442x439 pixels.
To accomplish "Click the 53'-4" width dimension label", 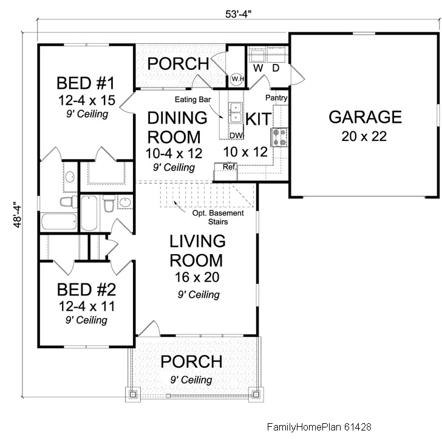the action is coord(238,14).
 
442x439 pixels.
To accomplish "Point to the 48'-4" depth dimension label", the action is coord(17,214).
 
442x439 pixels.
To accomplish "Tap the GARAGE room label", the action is coord(365,117).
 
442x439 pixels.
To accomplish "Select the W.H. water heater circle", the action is coord(237,79).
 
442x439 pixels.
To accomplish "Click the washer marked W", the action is coord(257,55).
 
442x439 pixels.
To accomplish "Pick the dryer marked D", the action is coord(276,55).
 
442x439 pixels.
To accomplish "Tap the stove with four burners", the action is coord(279,137).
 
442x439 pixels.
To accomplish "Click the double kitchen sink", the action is coord(236,112).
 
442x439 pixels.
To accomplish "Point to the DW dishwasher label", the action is coord(236,136).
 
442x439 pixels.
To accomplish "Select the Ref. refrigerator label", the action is coord(229,167).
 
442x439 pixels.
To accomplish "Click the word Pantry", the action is coord(276,98).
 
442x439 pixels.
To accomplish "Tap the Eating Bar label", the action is coord(192,99).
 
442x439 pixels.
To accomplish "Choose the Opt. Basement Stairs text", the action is coord(218,217).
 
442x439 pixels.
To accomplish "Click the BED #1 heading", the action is coord(86,83).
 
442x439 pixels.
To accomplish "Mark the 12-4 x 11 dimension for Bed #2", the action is coord(87,306).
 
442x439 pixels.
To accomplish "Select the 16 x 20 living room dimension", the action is coord(197,277).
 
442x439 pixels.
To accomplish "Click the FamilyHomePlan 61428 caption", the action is coord(319,427).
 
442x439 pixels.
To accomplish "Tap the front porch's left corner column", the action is coord(133,394).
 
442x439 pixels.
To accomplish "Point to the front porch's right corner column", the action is coord(256,394).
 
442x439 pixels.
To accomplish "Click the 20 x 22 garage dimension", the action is coord(364,136).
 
